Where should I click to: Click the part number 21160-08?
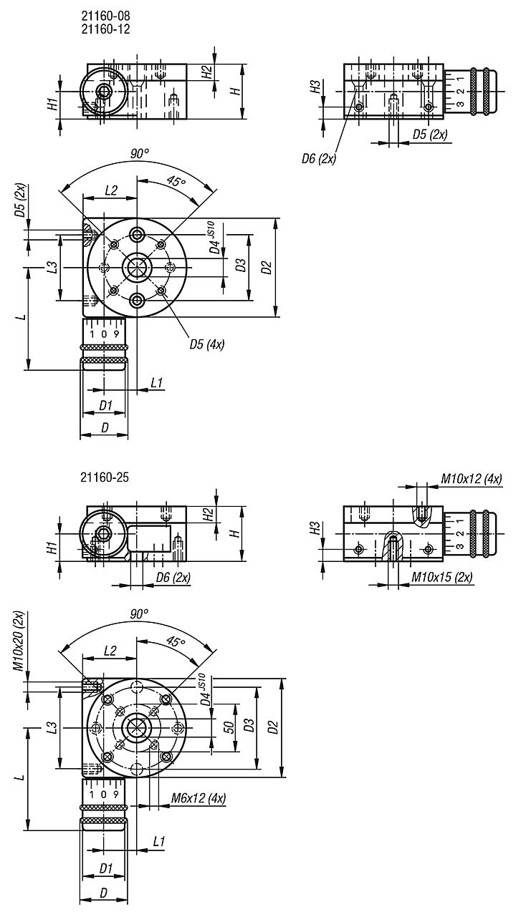coord(105,15)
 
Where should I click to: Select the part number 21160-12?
coord(105,29)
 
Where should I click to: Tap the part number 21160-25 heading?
coord(105,477)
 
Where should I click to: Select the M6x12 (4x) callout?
coord(199,798)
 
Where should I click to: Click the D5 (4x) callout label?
coord(207,344)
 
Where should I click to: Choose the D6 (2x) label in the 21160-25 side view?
coord(173,578)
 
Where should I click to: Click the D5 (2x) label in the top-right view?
coord(430,135)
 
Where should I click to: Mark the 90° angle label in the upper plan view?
coord(140,153)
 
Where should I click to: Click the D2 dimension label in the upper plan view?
coord(267,268)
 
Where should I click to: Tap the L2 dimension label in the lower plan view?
coord(110,650)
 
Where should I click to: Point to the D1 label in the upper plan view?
coord(106,406)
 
